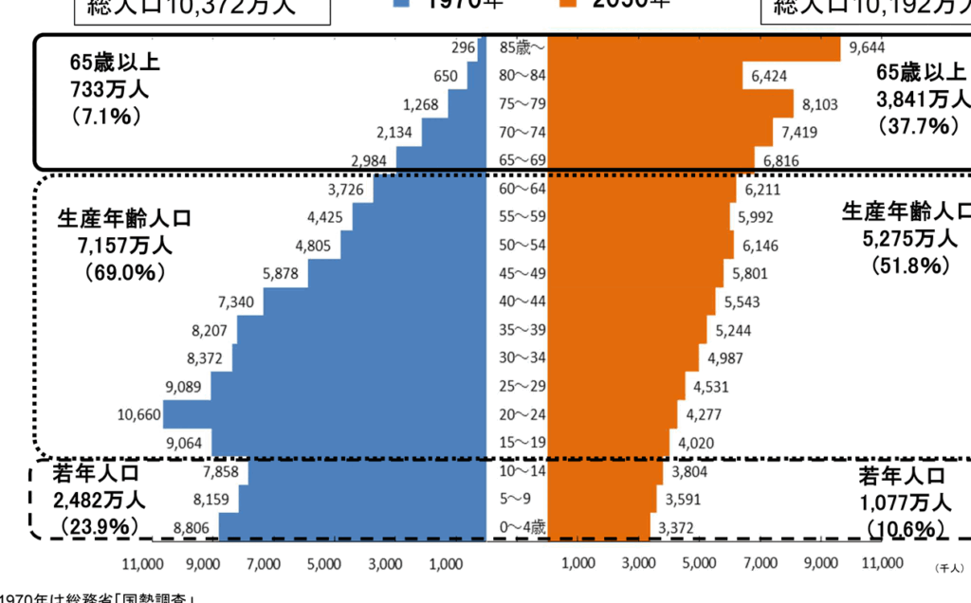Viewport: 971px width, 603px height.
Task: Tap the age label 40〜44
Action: pos(522,302)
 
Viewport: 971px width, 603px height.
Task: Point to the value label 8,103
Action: pos(820,104)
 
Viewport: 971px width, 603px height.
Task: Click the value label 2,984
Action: pos(369,160)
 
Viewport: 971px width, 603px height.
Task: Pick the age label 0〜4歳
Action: pos(522,526)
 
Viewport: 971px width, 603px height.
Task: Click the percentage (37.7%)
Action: pos(913,125)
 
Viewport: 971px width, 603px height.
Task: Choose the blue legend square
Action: pos(403,4)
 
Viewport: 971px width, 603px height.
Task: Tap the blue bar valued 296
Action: pos(482,47)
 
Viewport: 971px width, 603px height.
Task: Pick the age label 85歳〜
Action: pos(522,47)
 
